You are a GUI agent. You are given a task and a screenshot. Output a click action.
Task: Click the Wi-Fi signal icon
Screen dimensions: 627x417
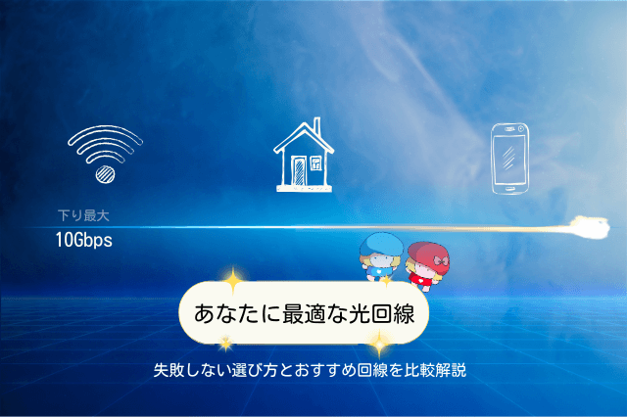coord(105,154)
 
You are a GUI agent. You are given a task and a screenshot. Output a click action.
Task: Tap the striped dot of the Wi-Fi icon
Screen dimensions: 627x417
coord(105,174)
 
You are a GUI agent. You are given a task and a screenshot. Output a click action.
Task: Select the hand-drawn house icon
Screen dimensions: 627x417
coord(304,155)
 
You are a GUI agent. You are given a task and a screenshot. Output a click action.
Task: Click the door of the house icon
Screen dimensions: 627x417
coord(299,171)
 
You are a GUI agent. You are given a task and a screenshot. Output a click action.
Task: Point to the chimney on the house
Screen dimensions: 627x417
coord(317,128)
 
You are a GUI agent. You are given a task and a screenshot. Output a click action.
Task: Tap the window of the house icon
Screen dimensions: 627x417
coord(315,162)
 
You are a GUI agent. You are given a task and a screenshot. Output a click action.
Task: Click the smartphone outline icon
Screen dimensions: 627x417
coord(509,159)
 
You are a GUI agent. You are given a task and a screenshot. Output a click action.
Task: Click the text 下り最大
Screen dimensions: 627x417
coord(83,215)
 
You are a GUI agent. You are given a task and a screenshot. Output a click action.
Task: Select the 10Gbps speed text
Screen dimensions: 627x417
coord(84,240)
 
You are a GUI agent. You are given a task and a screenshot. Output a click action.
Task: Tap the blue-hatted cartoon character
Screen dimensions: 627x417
coord(381,256)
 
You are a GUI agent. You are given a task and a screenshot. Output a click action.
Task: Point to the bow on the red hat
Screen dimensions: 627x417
coord(440,260)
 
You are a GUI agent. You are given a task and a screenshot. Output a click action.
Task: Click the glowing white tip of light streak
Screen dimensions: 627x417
coord(592,228)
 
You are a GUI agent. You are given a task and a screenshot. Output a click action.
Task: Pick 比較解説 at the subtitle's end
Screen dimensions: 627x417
coord(435,370)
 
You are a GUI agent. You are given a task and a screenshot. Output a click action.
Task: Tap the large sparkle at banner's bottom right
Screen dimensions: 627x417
coord(379,344)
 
